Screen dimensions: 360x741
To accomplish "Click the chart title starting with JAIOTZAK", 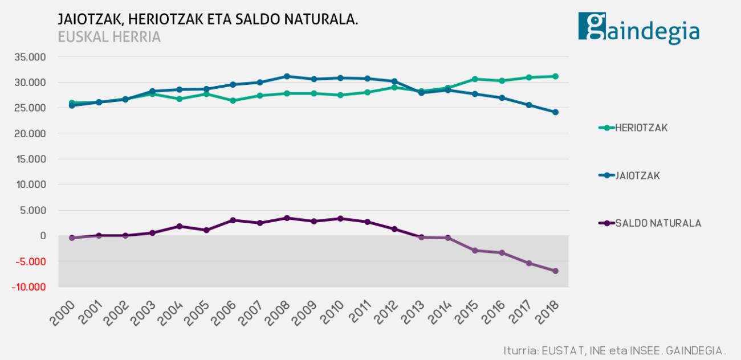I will point(208,19).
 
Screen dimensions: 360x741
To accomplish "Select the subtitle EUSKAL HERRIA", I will point(109,37).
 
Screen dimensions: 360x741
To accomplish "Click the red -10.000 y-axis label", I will point(28,287).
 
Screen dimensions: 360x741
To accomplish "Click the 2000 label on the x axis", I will point(62,312).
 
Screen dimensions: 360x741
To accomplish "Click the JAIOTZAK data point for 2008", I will point(287,76).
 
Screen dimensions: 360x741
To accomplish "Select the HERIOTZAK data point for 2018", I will point(555,76).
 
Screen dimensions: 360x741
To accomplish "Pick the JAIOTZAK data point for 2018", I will point(555,112).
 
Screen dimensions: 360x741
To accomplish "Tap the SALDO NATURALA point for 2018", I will point(555,271).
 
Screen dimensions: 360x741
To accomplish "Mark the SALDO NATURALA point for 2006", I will point(233,220).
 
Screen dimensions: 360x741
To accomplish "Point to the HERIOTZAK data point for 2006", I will point(233,101).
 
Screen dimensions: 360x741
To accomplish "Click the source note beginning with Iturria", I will point(614,349).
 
